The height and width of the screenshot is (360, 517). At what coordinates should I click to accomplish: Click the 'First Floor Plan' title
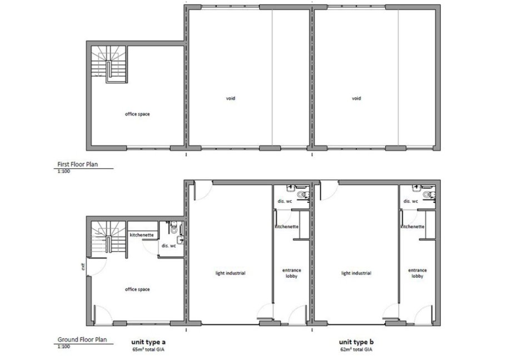77,164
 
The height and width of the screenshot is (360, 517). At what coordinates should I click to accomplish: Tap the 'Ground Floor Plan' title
82,339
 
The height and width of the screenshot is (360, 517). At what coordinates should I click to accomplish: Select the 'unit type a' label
148,342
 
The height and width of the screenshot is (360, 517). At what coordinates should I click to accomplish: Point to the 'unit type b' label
356,342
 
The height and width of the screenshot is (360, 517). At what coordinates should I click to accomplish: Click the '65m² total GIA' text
148,349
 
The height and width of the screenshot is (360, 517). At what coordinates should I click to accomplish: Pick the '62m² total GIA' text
356,349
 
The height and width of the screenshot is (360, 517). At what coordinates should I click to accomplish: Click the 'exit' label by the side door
84,266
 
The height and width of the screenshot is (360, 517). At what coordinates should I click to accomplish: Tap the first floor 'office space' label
137,114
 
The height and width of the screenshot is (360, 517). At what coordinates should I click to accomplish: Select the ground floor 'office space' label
137,289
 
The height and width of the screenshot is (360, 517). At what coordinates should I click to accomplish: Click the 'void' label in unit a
231,98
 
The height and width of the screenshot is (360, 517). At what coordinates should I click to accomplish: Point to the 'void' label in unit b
356,98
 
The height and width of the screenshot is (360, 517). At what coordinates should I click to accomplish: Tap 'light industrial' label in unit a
231,273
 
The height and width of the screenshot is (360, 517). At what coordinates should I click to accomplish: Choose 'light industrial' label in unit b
356,273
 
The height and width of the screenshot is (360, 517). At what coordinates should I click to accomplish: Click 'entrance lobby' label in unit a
291,273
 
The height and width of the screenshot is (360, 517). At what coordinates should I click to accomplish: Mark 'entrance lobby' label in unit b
417,273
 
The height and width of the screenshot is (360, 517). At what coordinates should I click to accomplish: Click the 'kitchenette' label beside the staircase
142,235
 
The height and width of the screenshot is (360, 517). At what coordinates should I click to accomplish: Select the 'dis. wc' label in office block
168,246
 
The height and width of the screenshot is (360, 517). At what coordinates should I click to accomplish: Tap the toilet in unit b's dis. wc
428,194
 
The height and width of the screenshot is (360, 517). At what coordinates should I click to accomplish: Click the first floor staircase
109,64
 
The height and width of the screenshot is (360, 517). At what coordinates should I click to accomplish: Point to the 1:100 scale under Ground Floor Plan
63,347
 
